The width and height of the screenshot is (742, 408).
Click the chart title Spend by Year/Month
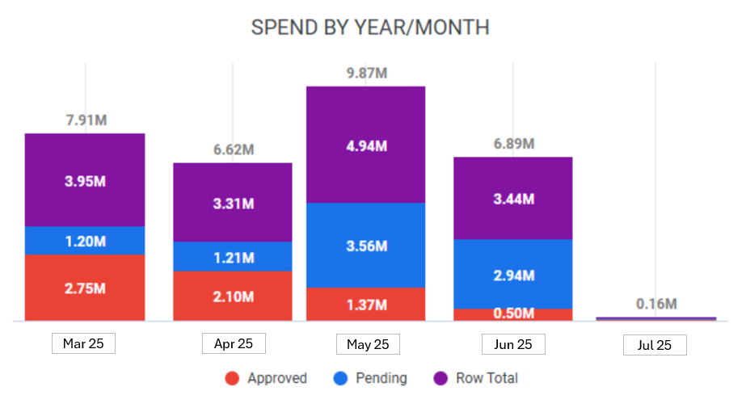pos(370,27)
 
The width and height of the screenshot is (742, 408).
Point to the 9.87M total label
pos(366,74)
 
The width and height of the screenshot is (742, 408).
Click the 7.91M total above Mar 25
pos(86,120)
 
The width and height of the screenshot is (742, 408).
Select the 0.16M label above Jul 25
pos(656,305)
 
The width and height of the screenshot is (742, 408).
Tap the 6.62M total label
pos(234,149)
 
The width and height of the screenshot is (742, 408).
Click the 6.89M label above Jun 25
pos(513,144)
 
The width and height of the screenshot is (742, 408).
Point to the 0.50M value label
pos(513,313)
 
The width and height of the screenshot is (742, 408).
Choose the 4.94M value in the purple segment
pos(366,146)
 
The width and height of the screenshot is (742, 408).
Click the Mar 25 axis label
pos(83,343)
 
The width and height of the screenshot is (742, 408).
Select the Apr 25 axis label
pos(234,343)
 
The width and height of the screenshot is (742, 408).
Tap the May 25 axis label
pos(368,344)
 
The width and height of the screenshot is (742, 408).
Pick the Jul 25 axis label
pos(655,346)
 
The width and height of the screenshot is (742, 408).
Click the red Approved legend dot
pos(232,378)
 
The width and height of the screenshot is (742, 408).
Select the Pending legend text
pos(381,378)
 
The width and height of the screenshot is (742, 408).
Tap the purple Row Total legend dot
pos(440,378)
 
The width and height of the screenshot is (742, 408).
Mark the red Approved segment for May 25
pos(365,305)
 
